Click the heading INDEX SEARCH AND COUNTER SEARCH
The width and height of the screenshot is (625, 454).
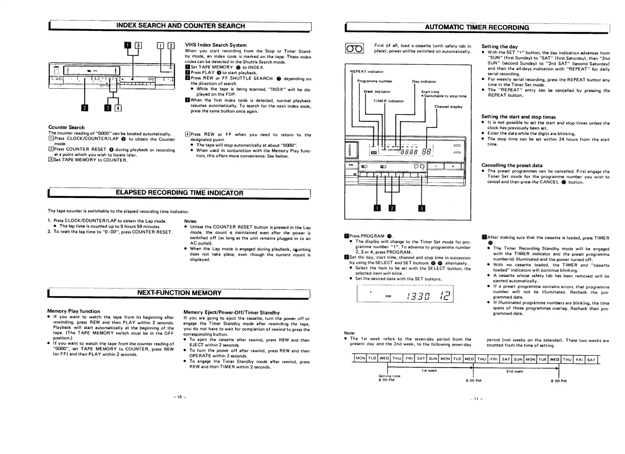(x=181, y=26)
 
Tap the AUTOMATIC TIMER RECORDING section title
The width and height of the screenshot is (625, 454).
(x=477, y=27)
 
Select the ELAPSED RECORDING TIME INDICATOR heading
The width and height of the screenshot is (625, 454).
(x=179, y=193)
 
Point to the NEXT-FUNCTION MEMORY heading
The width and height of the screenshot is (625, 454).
(x=179, y=293)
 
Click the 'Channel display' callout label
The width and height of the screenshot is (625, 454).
(x=448, y=107)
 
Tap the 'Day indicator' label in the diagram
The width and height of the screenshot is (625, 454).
(x=424, y=81)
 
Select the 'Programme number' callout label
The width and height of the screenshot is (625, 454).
(x=375, y=81)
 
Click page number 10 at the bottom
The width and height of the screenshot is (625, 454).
(x=179, y=397)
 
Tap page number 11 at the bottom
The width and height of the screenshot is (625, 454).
(x=476, y=399)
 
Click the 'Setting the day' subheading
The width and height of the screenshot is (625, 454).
(x=499, y=47)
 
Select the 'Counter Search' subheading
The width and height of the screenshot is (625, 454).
(x=66, y=127)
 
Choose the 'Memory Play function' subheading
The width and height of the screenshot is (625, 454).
(x=74, y=311)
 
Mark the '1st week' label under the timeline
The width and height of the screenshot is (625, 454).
(x=429, y=371)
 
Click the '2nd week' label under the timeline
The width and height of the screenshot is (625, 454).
(x=514, y=371)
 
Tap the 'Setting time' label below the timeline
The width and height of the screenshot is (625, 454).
(x=389, y=376)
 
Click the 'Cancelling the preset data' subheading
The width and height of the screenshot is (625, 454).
(x=512, y=165)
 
